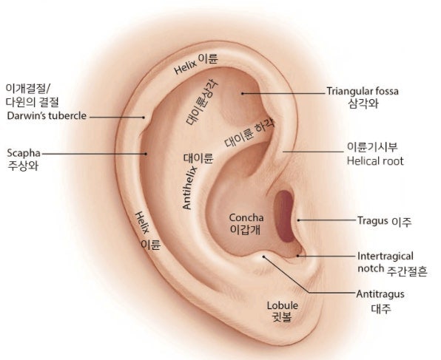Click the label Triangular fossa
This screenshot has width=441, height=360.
click(363, 92)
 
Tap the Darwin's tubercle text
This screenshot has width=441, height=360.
click(47, 116)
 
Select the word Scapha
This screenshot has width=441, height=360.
click(24, 154)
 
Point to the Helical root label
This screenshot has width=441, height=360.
click(375, 161)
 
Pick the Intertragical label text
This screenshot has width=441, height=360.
click(386, 257)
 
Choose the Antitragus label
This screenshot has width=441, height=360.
click(380, 294)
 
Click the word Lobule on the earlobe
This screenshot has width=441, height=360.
click(283, 305)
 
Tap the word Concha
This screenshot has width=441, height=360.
click(246, 217)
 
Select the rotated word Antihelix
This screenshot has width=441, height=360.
click(189, 188)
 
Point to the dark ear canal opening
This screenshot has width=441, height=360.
click(285, 216)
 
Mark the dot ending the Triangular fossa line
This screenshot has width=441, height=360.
click(242, 93)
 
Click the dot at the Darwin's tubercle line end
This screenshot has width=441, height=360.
click(144, 118)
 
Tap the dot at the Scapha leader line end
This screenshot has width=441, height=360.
click(146, 154)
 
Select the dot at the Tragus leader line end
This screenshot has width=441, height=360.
click(299, 220)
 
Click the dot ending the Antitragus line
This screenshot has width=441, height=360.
click(263, 257)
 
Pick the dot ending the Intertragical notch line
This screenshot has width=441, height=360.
click(298, 256)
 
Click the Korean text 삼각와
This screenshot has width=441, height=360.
click(363, 103)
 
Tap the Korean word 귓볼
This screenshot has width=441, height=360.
click(283, 317)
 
